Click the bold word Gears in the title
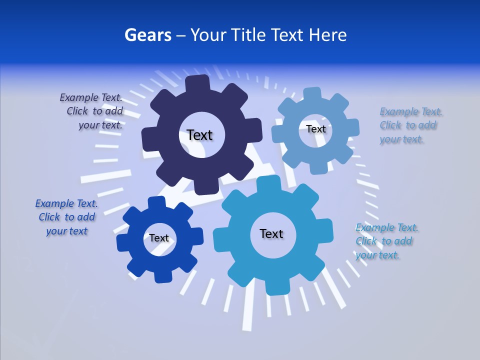[x=147, y=35]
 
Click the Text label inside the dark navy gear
[x=199, y=135]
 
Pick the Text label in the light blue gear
[x=315, y=129]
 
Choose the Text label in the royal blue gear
[x=159, y=238]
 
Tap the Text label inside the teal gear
[x=271, y=233]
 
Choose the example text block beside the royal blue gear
[x=66, y=217]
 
